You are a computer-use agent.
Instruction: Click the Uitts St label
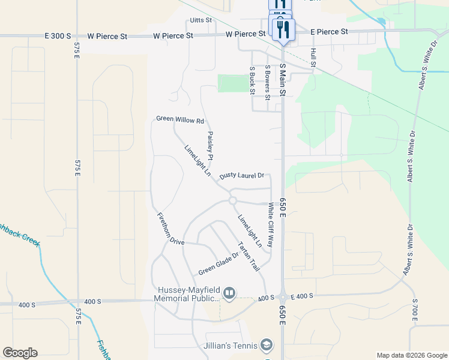pyautogui.click(x=201, y=20)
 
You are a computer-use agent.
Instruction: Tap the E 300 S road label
pyautogui.click(x=58, y=36)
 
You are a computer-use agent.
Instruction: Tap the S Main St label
pyautogui.click(x=283, y=78)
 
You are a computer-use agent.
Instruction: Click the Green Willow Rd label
pyautogui.click(x=176, y=120)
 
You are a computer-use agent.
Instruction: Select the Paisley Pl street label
pyautogui.click(x=210, y=146)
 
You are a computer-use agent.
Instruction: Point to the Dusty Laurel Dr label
pyautogui.click(x=242, y=176)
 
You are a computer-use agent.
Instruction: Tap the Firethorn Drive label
pyautogui.click(x=170, y=229)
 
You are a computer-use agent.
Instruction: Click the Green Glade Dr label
pyautogui.click(x=218, y=262)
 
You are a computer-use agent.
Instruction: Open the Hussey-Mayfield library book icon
pyautogui.click(x=229, y=293)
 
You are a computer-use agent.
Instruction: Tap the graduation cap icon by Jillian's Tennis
pyautogui.click(x=267, y=345)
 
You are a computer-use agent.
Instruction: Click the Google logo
pyautogui.click(x=20, y=353)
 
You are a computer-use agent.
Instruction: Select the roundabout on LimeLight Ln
pyautogui.click(x=232, y=201)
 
